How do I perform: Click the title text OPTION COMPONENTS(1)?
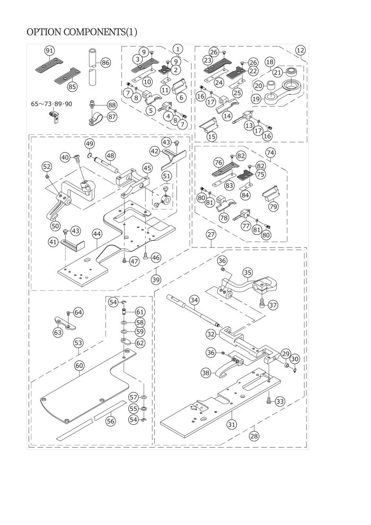[x=82, y=32]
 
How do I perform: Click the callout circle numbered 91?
[x=50, y=50]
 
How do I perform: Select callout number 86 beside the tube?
[x=105, y=63]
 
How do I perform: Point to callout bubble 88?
[x=112, y=105]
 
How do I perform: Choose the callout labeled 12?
[x=301, y=50]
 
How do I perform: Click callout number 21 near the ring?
[x=277, y=72]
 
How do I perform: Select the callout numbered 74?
[x=270, y=152]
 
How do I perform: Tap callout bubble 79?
[x=273, y=206]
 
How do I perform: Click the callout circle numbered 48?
[x=110, y=156]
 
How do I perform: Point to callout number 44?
[x=97, y=233]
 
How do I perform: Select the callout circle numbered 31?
[x=231, y=424]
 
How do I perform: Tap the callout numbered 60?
[x=79, y=365]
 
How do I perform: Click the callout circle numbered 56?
[x=110, y=421]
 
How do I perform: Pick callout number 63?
[x=57, y=332]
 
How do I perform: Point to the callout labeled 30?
[x=295, y=359]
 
